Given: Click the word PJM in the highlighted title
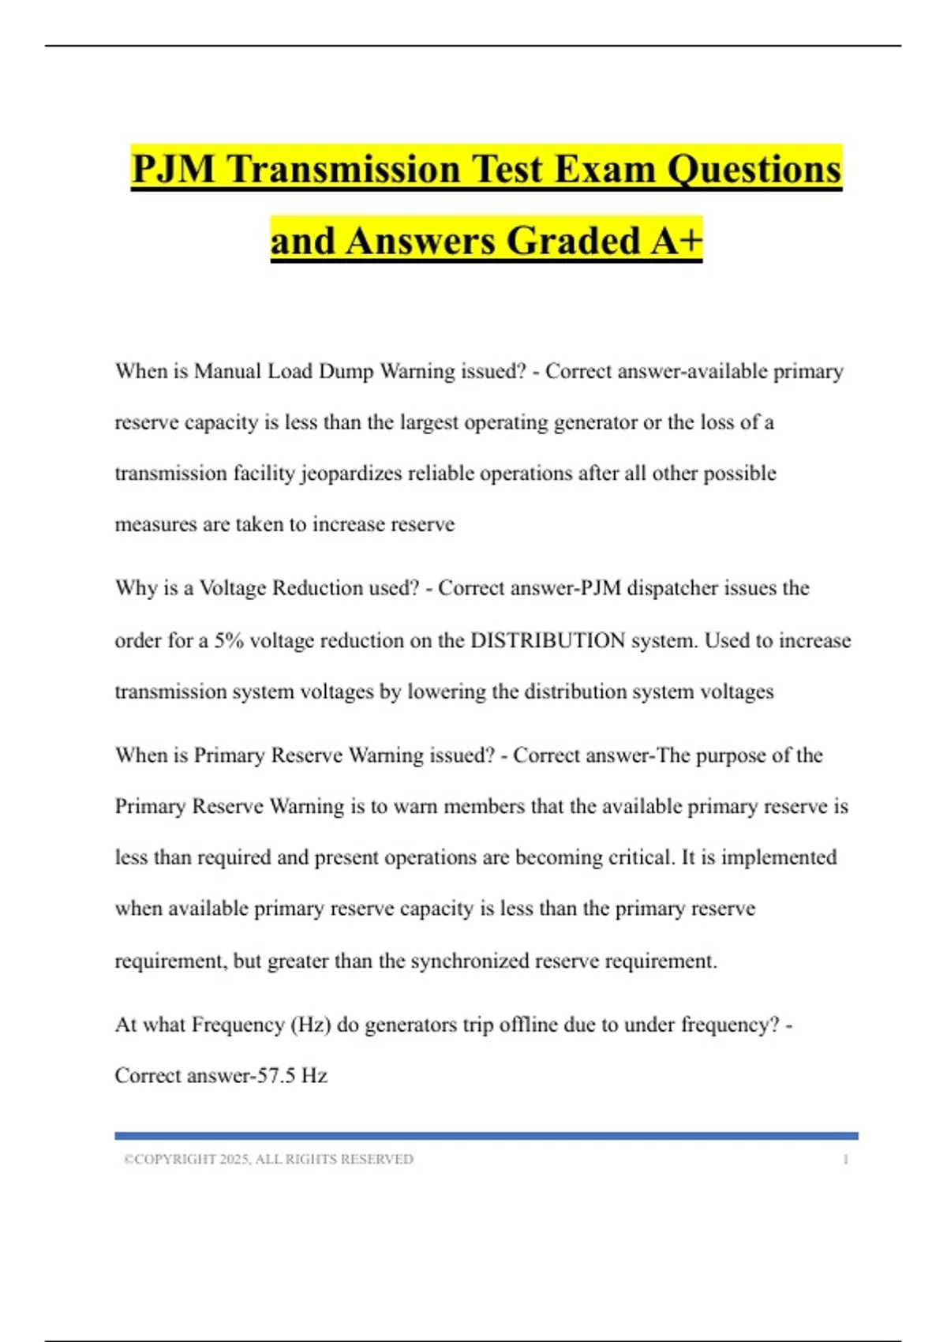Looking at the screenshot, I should click(173, 169).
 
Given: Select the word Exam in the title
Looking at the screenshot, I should click(605, 169).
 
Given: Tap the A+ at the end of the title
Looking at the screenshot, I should click(676, 241).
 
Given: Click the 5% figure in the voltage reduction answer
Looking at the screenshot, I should click(229, 640).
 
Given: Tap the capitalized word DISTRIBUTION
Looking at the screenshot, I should click(548, 640).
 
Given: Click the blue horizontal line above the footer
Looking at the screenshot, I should click(486, 1136).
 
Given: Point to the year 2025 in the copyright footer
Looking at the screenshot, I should click(234, 1160).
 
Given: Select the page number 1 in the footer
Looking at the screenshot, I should click(846, 1160).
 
